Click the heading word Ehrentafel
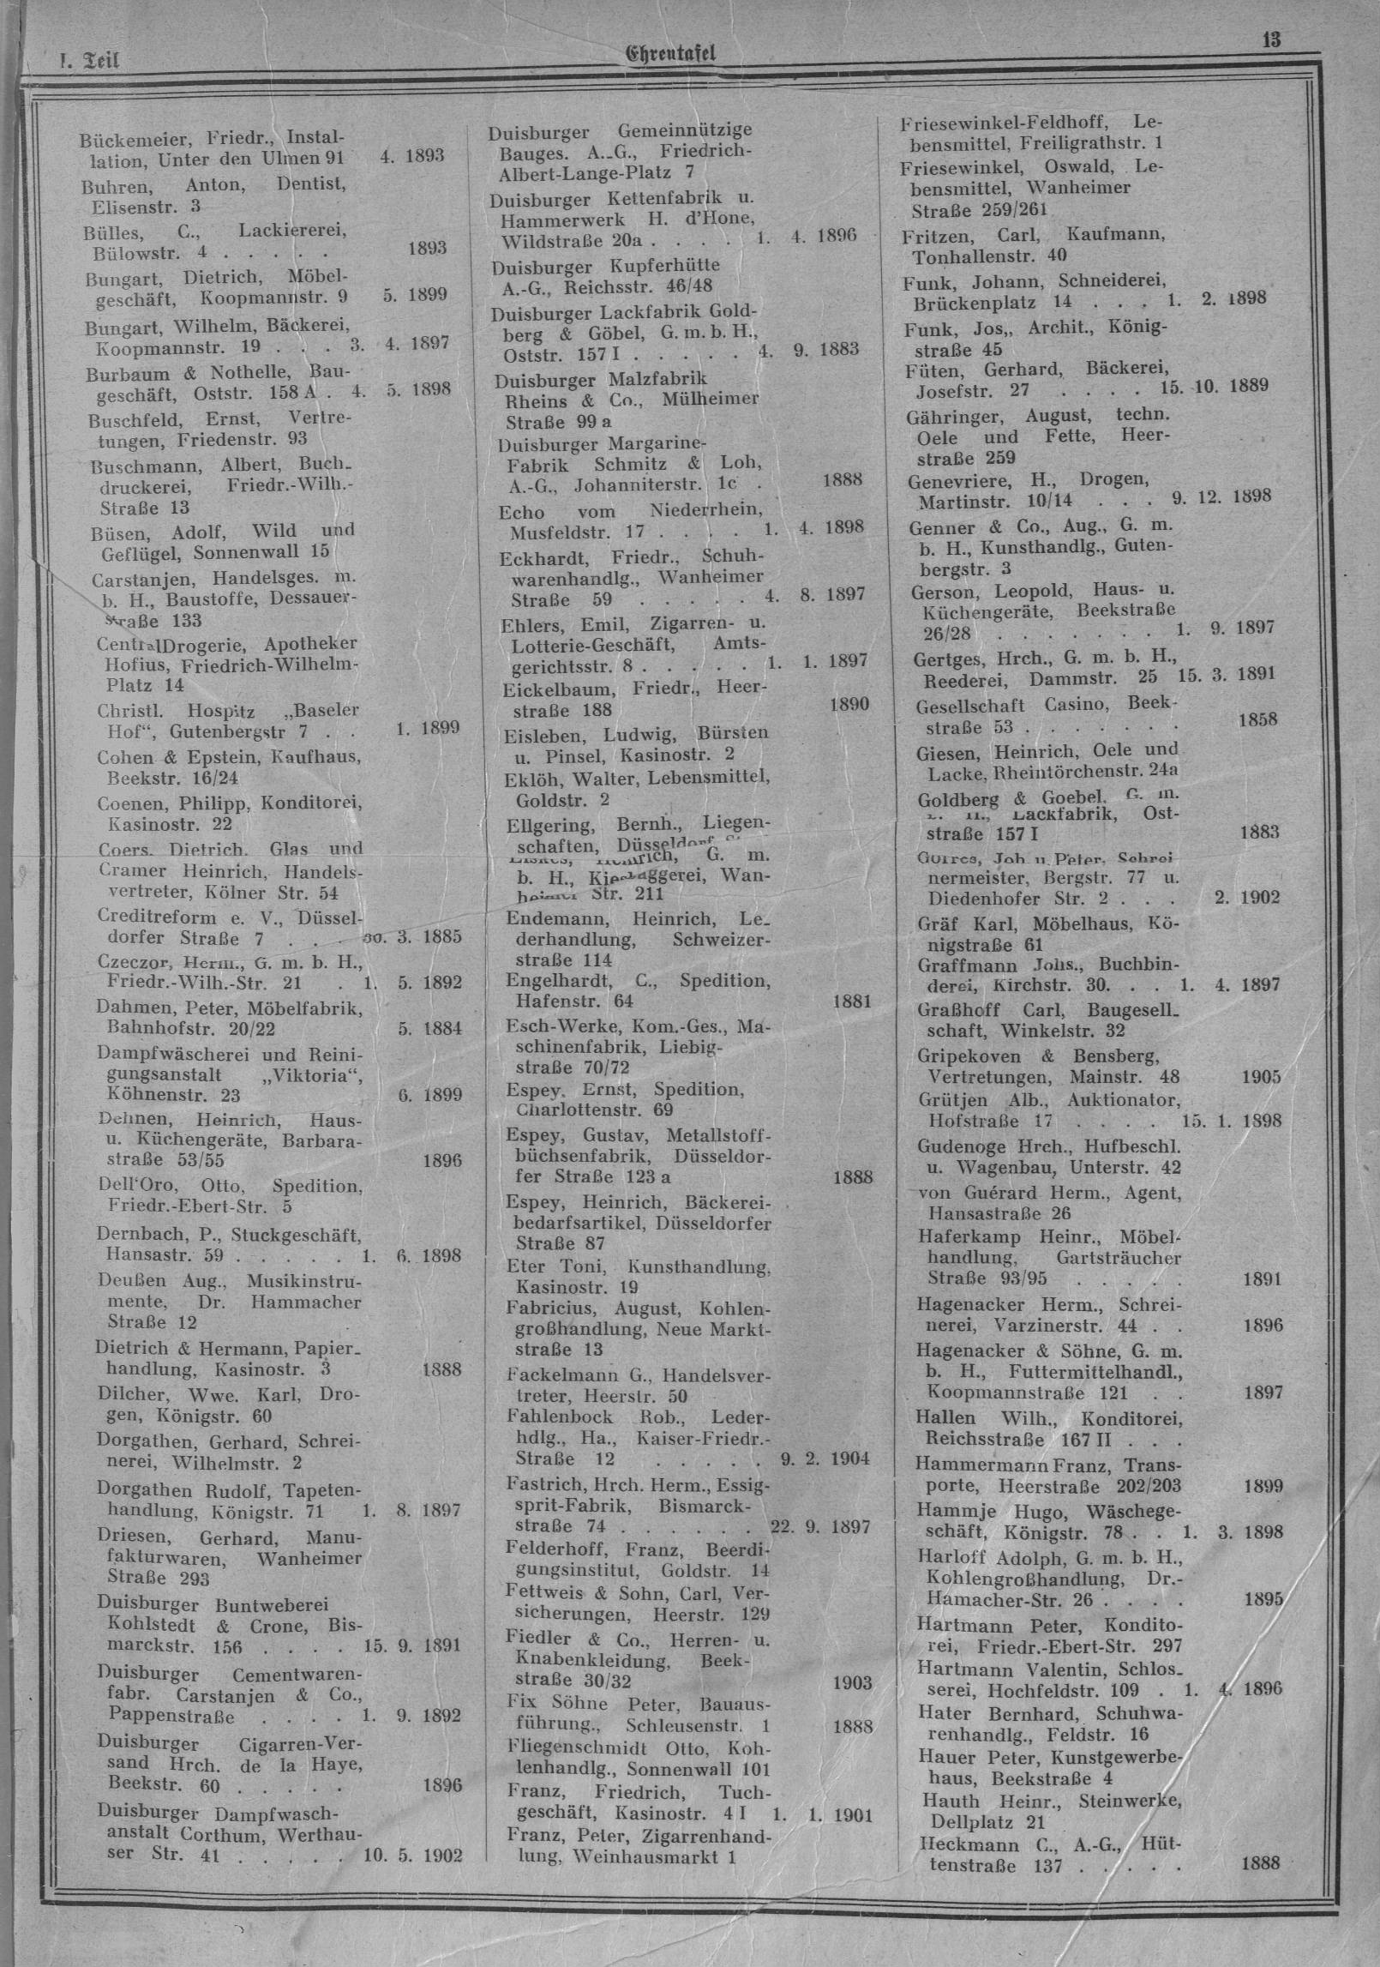click(x=671, y=55)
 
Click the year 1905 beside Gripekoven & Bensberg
click(x=1261, y=1077)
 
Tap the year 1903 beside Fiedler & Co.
click(x=851, y=1724)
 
